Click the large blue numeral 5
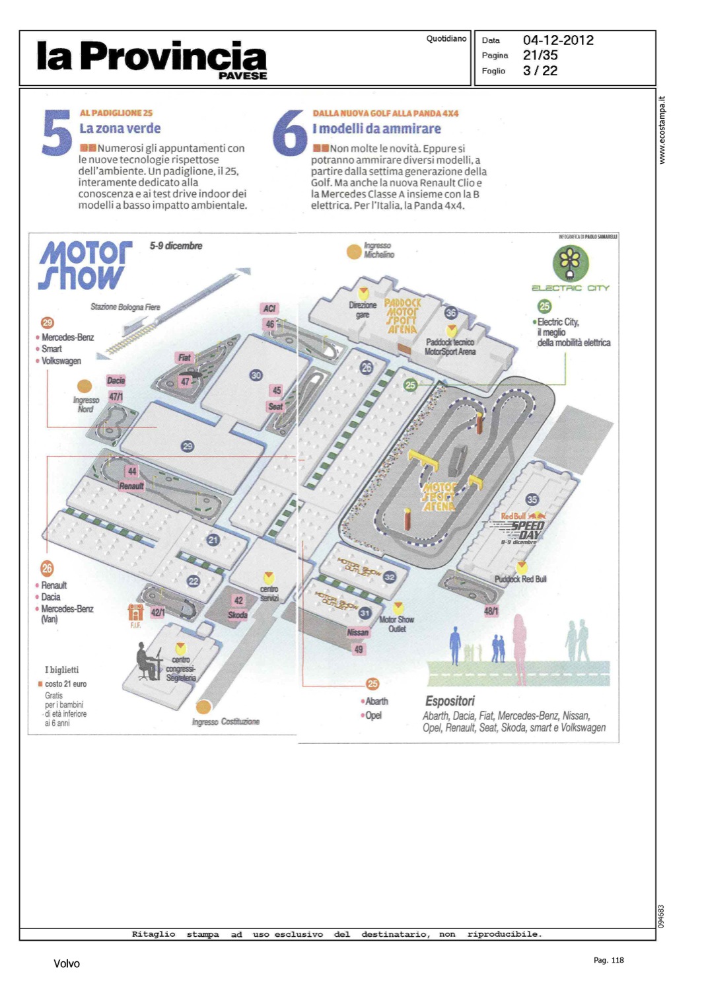(57, 133)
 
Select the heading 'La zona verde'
(120, 129)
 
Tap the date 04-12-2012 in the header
(558, 40)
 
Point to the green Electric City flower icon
(570, 262)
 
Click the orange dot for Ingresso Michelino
(354, 251)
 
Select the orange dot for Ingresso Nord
(85, 386)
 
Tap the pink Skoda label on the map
(238, 615)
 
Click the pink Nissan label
(357, 632)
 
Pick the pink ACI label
(269, 309)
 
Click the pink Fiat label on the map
(184, 357)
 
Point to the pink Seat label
(275, 406)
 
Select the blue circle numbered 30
(256, 375)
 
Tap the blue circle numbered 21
(213, 540)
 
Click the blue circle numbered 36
(451, 312)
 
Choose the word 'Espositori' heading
(450, 701)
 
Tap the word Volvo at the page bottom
(67, 964)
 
